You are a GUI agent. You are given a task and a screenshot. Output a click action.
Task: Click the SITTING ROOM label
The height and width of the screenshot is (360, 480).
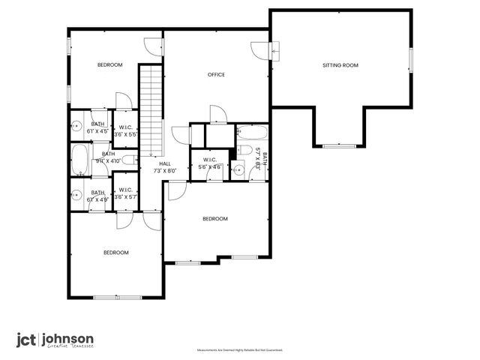(x=340, y=65)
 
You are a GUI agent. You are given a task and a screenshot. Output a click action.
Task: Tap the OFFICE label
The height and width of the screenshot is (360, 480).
(x=216, y=74)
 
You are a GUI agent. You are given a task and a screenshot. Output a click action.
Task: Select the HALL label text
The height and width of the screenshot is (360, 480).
(x=164, y=163)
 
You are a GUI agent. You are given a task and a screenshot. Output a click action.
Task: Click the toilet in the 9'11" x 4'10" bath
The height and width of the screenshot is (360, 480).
(x=128, y=159)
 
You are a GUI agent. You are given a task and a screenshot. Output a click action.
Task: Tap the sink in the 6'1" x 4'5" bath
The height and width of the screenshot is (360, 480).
(x=76, y=125)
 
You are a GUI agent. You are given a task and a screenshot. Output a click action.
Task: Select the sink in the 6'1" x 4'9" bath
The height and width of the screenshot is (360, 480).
(x=76, y=196)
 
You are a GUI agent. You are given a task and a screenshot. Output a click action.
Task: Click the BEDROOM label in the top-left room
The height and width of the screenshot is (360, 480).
(x=109, y=65)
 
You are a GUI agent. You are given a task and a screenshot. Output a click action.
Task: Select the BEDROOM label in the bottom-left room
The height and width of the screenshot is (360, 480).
(x=115, y=252)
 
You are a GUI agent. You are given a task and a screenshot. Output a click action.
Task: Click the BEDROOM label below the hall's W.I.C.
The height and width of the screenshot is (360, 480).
(x=214, y=218)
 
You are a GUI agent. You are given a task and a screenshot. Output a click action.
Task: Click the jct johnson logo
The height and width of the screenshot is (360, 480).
(x=55, y=339)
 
